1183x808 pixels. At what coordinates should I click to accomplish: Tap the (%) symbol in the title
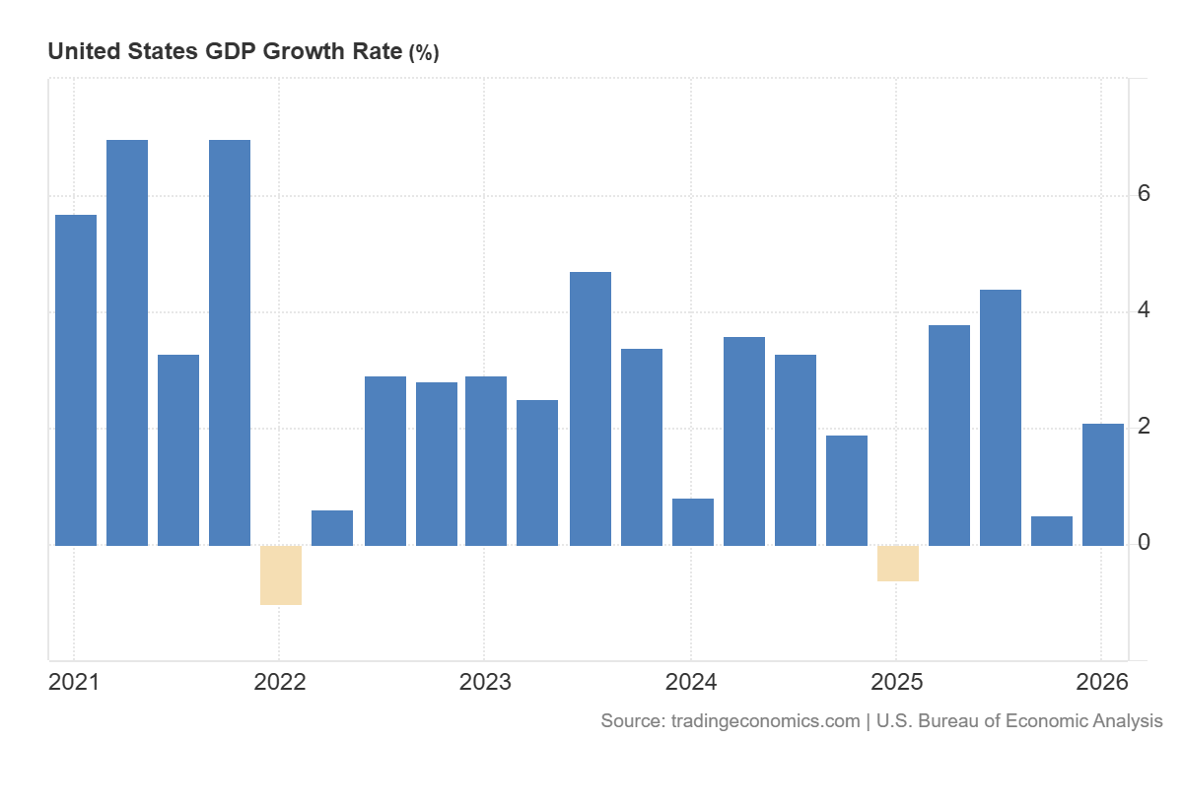(x=424, y=53)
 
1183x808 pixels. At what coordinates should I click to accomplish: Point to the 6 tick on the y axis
(x=1144, y=193)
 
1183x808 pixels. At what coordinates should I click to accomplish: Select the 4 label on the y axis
(x=1144, y=309)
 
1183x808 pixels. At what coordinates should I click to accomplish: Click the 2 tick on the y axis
(x=1144, y=426)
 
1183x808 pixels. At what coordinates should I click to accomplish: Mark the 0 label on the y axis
(x=1144, y=542)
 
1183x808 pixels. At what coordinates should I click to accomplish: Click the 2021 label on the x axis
(x=74, y=682)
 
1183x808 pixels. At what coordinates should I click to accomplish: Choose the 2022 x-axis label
(x=279, y=682)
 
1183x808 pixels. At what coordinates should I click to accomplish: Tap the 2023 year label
(x=485, y=682)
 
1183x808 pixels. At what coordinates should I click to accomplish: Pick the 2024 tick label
(x=691, y=682)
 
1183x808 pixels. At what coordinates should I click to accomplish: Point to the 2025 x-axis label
(x=896, y=682)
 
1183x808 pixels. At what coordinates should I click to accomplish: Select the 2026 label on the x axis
(x=1102, y=682)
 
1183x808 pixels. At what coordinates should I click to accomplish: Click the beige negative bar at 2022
(x=281, y=574)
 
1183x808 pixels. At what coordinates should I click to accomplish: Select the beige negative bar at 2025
(x=898, y=563)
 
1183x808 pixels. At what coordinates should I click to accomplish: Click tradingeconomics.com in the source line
(x=765, y=721)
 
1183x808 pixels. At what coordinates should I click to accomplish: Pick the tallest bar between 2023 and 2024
(x=591, y=409)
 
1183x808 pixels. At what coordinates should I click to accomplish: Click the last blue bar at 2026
(x=1103, y=485)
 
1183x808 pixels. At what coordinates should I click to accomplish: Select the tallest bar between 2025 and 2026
(x=1001, y=418)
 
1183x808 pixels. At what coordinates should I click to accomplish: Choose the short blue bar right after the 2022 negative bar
(x=332, y=528)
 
